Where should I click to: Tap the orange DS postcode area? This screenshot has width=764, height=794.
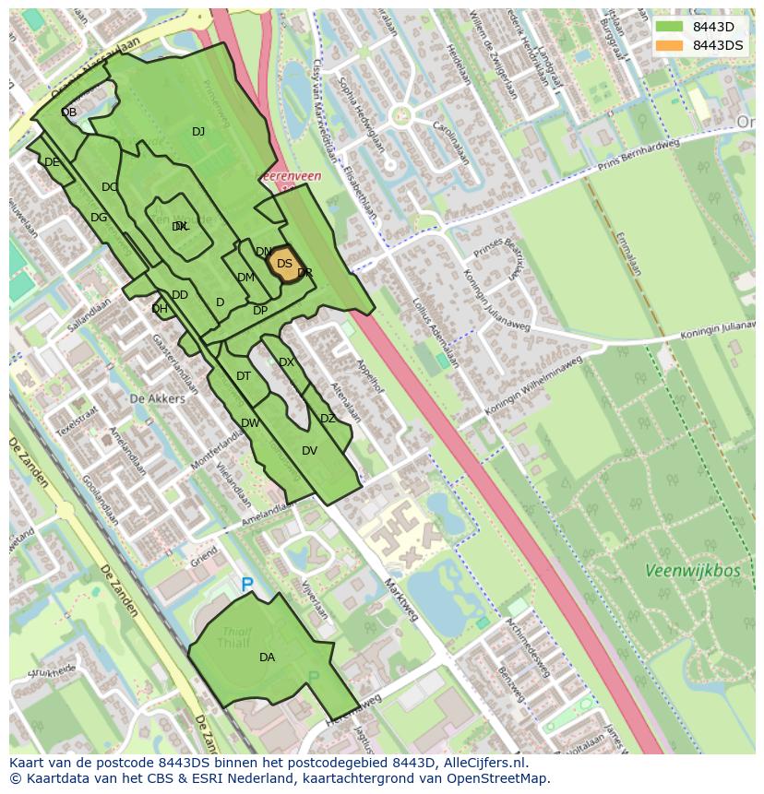(284, 264)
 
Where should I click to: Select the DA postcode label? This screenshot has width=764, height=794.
(267, 658)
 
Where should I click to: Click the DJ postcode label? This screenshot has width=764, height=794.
(198, 132)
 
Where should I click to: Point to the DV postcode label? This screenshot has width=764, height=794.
(309, 451)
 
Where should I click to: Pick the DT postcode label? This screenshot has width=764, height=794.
(244, 376)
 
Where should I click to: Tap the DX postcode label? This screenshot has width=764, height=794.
(286, 362)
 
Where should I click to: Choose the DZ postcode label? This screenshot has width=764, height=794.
(328, 419)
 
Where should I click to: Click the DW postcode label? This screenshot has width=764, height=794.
(250, 423)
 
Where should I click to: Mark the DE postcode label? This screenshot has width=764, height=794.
(52, 162)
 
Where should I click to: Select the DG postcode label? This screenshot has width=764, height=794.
(99, 218)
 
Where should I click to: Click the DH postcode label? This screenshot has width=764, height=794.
(160, 309)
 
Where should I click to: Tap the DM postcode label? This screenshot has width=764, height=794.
(245, 278)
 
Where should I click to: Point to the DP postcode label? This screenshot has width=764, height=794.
(260, 311)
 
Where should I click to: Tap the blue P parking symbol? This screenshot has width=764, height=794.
(246, 585)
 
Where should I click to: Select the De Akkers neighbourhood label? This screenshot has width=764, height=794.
(157, 398)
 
